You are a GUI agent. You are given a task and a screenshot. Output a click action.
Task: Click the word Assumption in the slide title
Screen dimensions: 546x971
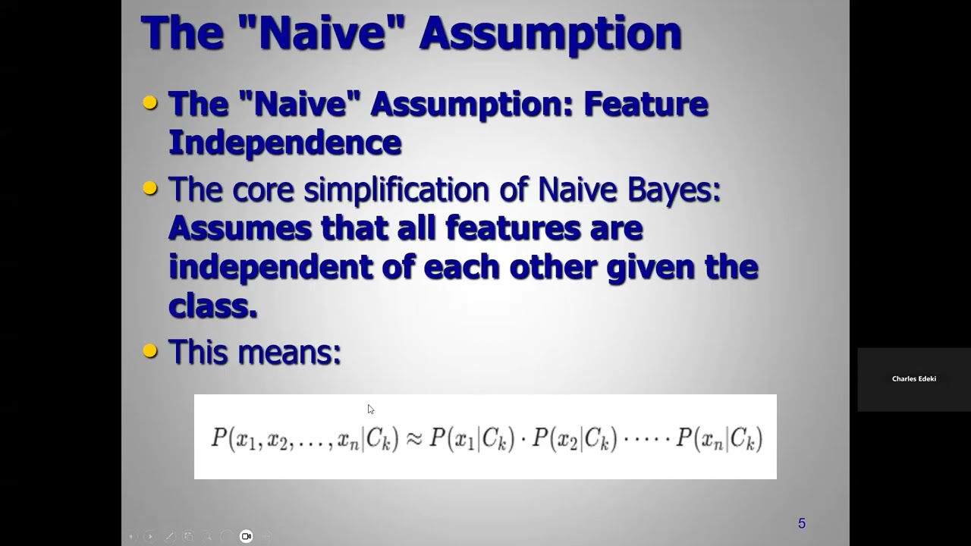point(550,33)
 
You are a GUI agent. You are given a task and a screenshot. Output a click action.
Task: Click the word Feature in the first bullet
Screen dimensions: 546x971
point(645,104)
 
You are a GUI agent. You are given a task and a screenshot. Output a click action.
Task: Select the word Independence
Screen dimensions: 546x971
point(284,142)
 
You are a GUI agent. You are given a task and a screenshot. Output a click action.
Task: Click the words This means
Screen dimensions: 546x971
point(254,352)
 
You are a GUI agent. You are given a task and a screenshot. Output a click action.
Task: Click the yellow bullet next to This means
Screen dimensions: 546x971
point(150,350)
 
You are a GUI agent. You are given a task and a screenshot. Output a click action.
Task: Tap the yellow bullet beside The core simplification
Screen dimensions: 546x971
point(150,188)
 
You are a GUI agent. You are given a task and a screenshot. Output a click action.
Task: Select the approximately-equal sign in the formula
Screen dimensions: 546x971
point(414,438)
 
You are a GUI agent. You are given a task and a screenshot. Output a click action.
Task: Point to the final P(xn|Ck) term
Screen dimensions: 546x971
point(719,438)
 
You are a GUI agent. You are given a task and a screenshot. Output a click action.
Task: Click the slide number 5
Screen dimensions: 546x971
point(802,523)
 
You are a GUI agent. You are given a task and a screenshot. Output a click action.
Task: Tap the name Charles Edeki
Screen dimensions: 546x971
point(913,379)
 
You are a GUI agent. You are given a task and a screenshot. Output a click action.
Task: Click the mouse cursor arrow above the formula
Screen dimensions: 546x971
point(370,409)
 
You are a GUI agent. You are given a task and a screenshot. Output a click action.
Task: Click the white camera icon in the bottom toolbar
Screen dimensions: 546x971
point(246,536)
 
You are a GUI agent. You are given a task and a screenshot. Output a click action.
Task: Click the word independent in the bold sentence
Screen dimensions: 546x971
point(270,267)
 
